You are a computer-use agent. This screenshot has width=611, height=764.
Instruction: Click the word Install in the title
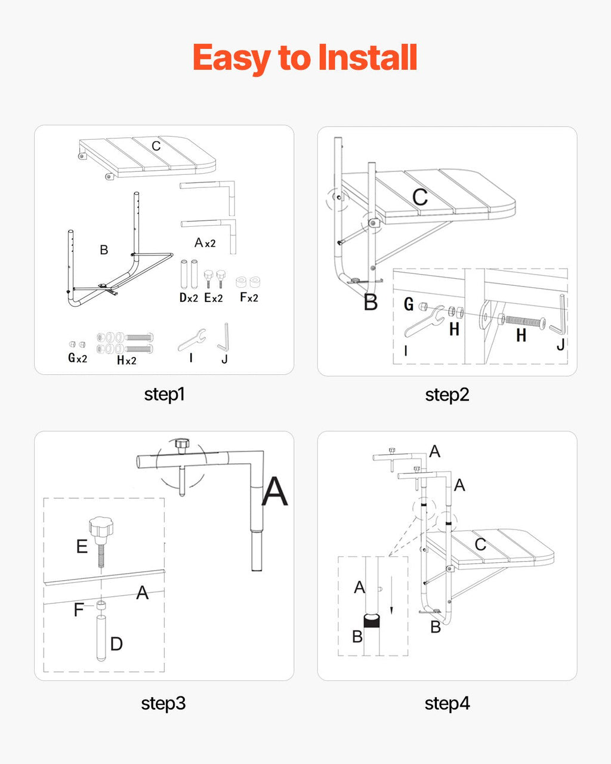click(x=367, y=58)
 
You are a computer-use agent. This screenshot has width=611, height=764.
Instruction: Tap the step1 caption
click(x=164, y=395)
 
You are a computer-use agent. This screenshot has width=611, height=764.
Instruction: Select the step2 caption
click(x=447, y=395)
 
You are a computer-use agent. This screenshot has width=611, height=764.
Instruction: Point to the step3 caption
click(x=163, y=703)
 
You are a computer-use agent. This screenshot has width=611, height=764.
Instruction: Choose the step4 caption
click(x=447, y=703)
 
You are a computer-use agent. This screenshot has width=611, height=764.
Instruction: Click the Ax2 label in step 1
click(x=205, y=243)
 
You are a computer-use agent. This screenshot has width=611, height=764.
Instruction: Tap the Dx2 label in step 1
click(x=189, y=297)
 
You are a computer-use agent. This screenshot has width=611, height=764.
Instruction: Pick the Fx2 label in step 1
click(x=248, y=297)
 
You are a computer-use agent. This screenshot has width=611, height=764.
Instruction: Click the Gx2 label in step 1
click(x=78, y=358)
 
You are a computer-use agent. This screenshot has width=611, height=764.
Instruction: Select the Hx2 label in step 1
click(x=126, y=360)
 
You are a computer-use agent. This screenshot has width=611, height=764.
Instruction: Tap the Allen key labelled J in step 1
click(x=224, y=338)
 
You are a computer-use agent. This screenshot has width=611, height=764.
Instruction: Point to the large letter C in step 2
click(x=420, y=197)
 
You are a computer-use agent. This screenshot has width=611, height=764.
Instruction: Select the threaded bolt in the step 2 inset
click(x=525, y=321)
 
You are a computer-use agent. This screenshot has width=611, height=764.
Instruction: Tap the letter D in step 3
click(x=116, y=643)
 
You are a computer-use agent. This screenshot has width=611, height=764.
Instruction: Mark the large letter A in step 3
click(x=274, y=491)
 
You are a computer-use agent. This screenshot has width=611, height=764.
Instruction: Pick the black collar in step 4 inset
click(x=372, y=621)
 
